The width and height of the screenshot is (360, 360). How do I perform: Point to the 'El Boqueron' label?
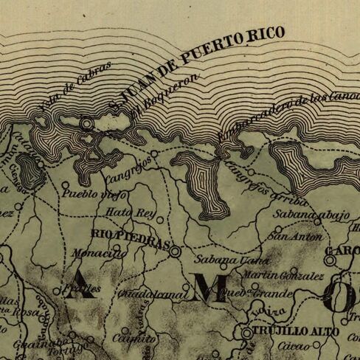[x=165, y=93]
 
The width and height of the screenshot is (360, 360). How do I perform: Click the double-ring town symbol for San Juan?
[x=88, y=125]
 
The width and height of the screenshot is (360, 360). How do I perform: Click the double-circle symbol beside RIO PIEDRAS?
[x=175, y=252]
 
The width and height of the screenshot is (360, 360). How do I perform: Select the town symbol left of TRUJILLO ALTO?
[x=246, y=333]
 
